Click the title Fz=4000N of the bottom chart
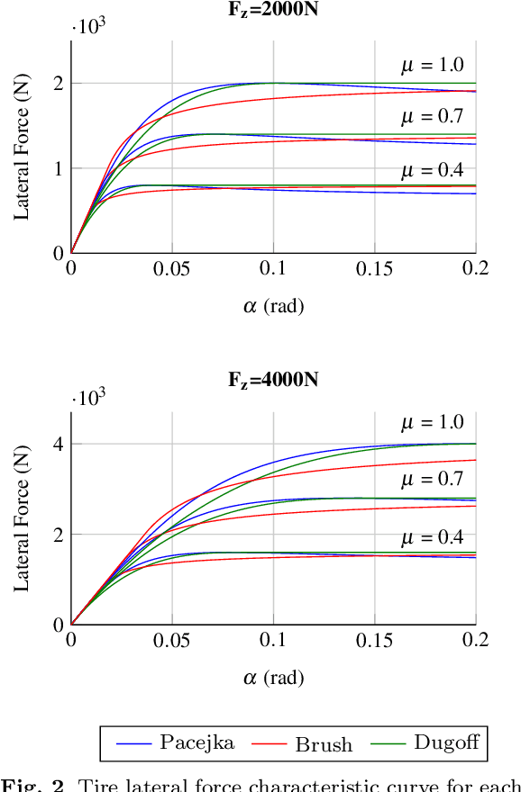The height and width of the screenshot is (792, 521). [x=272, y=380]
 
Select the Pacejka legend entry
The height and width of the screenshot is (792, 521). [x=176, y=743]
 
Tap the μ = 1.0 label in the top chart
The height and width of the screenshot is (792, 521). [x=432, y=65]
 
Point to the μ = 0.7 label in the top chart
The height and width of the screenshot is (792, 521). [x=432, y=116]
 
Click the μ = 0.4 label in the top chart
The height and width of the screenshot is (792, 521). [x=432, y=171]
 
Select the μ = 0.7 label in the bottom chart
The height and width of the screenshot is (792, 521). [x=432, y=479]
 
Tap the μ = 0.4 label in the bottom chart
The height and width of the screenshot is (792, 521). [x=432, y=538]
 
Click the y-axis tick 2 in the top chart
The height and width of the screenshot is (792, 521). [x=58, y=83]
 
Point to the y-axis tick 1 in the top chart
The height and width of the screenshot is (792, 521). [x=58, y=168]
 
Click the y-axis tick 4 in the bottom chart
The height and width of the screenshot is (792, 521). [x=58, y=445]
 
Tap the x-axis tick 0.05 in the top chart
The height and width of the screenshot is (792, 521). [x=172, y=268]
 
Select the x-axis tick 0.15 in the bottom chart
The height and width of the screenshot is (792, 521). [x=374, y=640]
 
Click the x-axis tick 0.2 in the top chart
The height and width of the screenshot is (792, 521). [x=475, y=268]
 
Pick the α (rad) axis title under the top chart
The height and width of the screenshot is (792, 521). [x=273, y=306]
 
